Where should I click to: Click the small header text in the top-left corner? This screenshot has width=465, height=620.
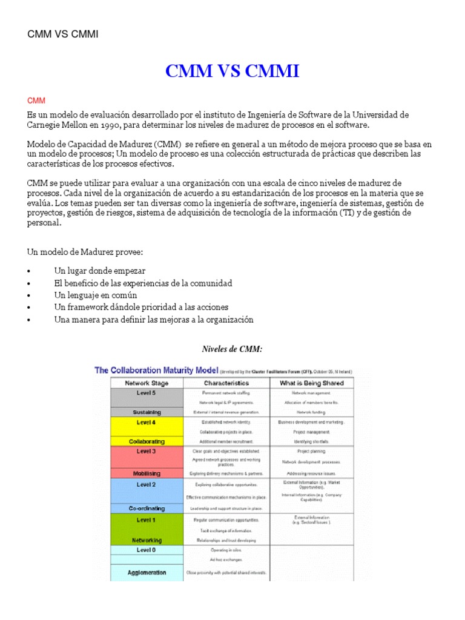click(63, 34)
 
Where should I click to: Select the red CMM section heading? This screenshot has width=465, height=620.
click(36, 100)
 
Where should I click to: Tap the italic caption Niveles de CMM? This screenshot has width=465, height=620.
click(232, 349)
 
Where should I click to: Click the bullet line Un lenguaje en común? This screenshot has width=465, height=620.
click(96, 295)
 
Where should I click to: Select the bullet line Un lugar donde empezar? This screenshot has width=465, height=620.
click(99, 271)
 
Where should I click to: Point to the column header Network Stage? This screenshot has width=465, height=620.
click(147, 383)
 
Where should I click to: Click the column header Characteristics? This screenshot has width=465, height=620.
click(226, 383)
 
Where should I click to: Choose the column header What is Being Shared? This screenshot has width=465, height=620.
click(312, 383)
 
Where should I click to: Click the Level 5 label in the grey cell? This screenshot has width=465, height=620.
click(147, 392)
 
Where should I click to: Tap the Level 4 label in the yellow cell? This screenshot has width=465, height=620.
click(147, 422)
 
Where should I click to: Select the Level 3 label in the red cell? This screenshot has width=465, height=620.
click(147, 451)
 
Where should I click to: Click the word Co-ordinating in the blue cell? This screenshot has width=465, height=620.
click(147, 508)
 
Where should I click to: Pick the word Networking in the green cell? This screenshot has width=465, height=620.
click(147, 539)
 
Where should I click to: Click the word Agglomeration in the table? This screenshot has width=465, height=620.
click(147, 572)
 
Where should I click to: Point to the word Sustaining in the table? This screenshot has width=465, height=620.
click(147, 412)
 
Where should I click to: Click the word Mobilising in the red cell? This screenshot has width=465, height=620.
click(147, 473)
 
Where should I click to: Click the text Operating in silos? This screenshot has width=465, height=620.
click(226, 550)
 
